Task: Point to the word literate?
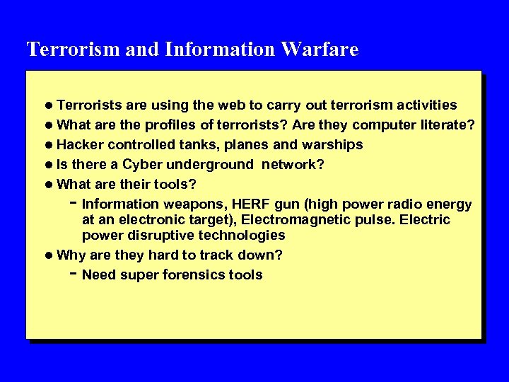[447, 125]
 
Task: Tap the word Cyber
[143, 165]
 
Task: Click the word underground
[211, 165]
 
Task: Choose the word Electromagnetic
[295, 220]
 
